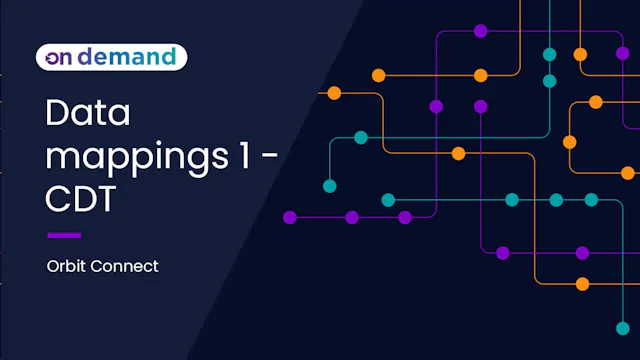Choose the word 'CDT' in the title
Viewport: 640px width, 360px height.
(x=83, y=199)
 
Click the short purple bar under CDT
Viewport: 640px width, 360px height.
(x=64, y=235)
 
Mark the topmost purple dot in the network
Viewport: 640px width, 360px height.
(x=481, y=31)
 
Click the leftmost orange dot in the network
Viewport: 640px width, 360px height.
(x=334, y=93)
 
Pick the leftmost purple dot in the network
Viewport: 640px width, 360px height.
(x=290, y=217)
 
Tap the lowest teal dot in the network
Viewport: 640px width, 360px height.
(x=622, y=328)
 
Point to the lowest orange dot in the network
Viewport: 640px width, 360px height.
(x=583, y=284)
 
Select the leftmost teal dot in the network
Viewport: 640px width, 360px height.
(x=329, y=186)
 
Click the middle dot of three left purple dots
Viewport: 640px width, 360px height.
(x=352, y=217)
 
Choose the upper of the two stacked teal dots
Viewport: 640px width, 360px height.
(x=549, y=54)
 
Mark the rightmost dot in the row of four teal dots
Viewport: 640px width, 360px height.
(x=591, y=200)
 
